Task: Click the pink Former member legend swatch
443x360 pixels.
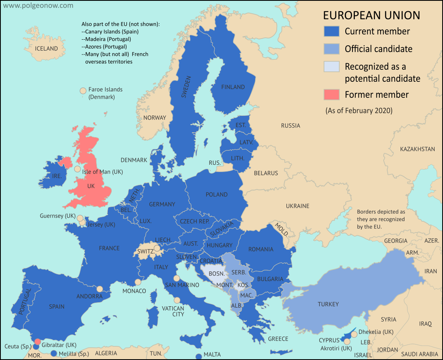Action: click(x=331, y=95)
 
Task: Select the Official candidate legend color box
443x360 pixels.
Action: click(x=331, y=49)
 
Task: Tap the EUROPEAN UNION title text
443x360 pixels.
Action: click(x=371, y=15)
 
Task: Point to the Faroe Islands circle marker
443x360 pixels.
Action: click(x=83, y=91)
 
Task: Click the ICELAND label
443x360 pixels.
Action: click(x=46, y=49)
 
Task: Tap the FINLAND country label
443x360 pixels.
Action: click(x=233, y=87)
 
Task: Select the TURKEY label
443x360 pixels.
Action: click(x=328, y=304)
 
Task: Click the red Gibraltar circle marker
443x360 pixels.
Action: click(x=37, y=342)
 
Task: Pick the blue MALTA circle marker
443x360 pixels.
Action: click(x=198, y=356)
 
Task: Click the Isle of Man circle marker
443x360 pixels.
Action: click(x=77, y=169)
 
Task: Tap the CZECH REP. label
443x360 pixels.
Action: click(x=195, y=221)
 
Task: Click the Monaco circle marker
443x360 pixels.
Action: click(x=138, y=282)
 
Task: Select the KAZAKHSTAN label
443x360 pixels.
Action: click(x=417, y=149)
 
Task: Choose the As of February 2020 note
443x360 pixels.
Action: click(x=359, y=110)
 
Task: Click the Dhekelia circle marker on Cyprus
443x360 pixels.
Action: click(x=354, y=334)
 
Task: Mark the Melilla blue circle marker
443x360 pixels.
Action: click(x=54, y=354)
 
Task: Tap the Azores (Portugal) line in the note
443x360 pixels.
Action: click(x=104, y=47)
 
